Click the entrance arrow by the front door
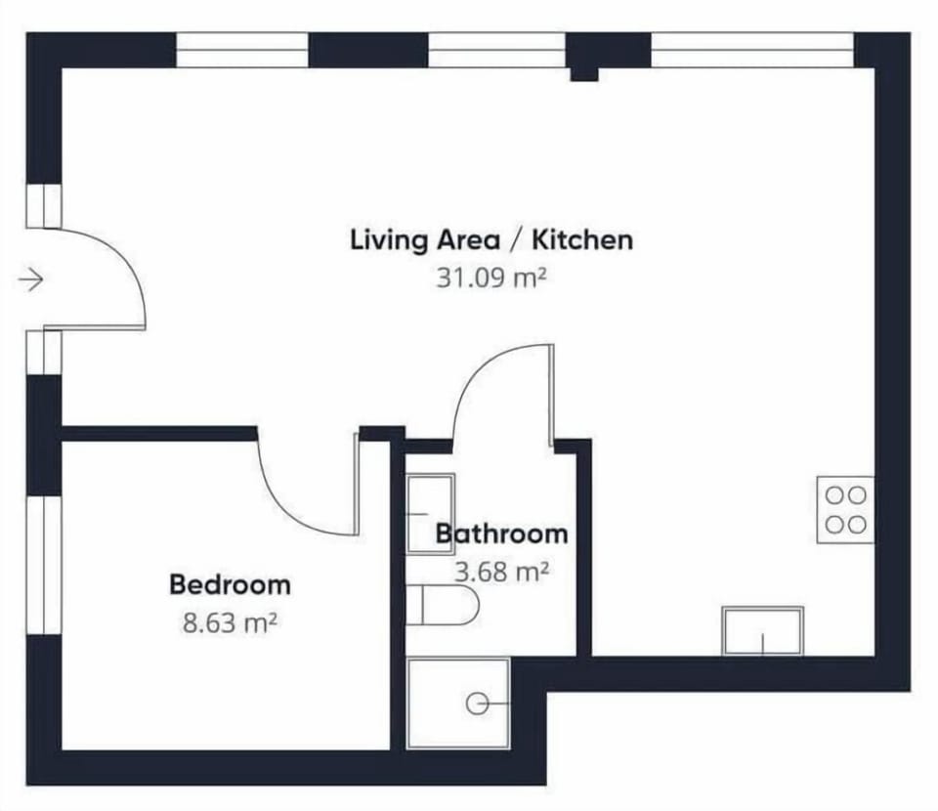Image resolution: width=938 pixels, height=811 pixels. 30,279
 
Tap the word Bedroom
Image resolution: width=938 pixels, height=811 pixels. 231,584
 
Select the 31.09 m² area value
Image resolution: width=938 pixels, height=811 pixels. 491,277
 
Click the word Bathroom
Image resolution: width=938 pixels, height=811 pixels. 501,534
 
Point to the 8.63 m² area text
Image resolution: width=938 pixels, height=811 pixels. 230,623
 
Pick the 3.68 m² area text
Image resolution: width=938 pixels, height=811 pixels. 501,572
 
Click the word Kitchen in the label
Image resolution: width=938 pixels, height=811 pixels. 582,239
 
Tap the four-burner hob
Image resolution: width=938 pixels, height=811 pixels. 845,510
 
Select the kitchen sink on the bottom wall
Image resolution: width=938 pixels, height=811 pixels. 763,631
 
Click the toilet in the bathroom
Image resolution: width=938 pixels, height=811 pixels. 443,605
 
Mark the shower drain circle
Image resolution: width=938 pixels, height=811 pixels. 477,704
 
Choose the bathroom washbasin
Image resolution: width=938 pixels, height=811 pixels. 430,514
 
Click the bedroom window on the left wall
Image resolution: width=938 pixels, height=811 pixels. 44,565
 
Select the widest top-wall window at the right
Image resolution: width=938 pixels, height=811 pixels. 752,50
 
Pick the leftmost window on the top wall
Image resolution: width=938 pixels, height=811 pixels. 242,50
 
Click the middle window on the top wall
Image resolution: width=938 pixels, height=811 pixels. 496,50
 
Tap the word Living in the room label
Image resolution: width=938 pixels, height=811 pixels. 389,240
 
